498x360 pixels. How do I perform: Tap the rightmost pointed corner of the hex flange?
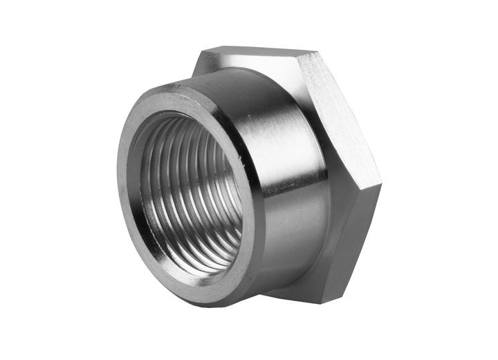pyautogui.click(x=381, y=186)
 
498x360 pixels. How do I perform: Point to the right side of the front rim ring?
pyautogui.click(x=255, y=208)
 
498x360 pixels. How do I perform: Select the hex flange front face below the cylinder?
pyautogui.click(x=311, y=277)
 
